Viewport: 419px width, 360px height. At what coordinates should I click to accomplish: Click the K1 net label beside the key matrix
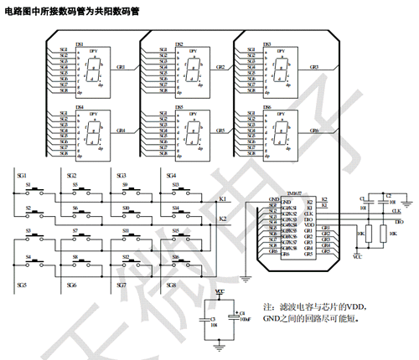coord(223,198)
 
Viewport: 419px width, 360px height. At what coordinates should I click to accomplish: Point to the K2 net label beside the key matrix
coord(223,219)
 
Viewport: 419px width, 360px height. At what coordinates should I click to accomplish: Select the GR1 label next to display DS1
coord(121,66)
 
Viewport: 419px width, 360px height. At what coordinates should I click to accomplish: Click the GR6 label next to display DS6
coord(314,131)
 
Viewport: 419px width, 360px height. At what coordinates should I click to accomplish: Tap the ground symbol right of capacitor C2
coord(406,202)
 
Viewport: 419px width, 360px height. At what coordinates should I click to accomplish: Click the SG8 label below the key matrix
coord(171,285)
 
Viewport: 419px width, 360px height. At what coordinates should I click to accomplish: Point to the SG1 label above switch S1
coord(22,173)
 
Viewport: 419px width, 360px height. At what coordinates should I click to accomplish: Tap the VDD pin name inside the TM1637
coord(308,225)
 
